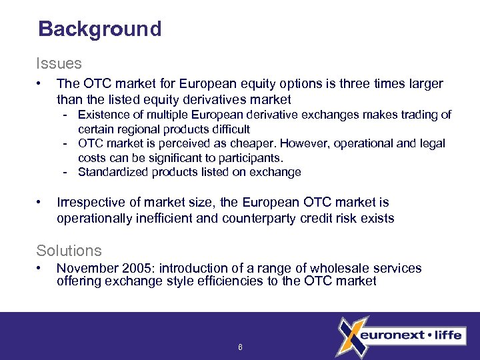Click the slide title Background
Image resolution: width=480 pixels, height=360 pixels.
point(100,29)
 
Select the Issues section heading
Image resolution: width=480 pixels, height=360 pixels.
point(59,64)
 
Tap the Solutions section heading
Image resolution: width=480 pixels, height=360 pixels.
point(69,251)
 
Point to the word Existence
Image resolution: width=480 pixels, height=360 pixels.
point(105,115)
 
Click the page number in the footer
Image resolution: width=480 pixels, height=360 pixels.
point(240,347)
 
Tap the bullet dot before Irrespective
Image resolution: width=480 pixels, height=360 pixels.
point(41,202)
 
